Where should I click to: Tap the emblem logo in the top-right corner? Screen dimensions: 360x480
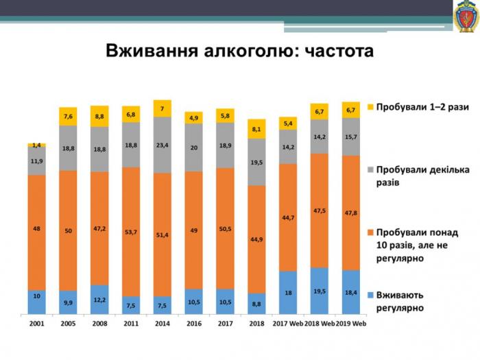(466, 16)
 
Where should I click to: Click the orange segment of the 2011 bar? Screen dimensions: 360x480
(131, 233)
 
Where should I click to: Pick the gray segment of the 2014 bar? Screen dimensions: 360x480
(163, 145)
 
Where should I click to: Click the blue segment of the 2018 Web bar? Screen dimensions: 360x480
(320, 290)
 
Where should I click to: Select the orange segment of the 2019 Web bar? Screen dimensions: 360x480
(351, 213)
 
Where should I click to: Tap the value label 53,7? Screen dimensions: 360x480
(131, 232)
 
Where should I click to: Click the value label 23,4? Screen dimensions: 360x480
(163, 145)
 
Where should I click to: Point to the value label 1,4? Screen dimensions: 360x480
(36, 145)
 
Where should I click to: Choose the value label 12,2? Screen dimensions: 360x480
(99, 300)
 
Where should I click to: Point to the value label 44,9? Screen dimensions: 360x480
(256, 239)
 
